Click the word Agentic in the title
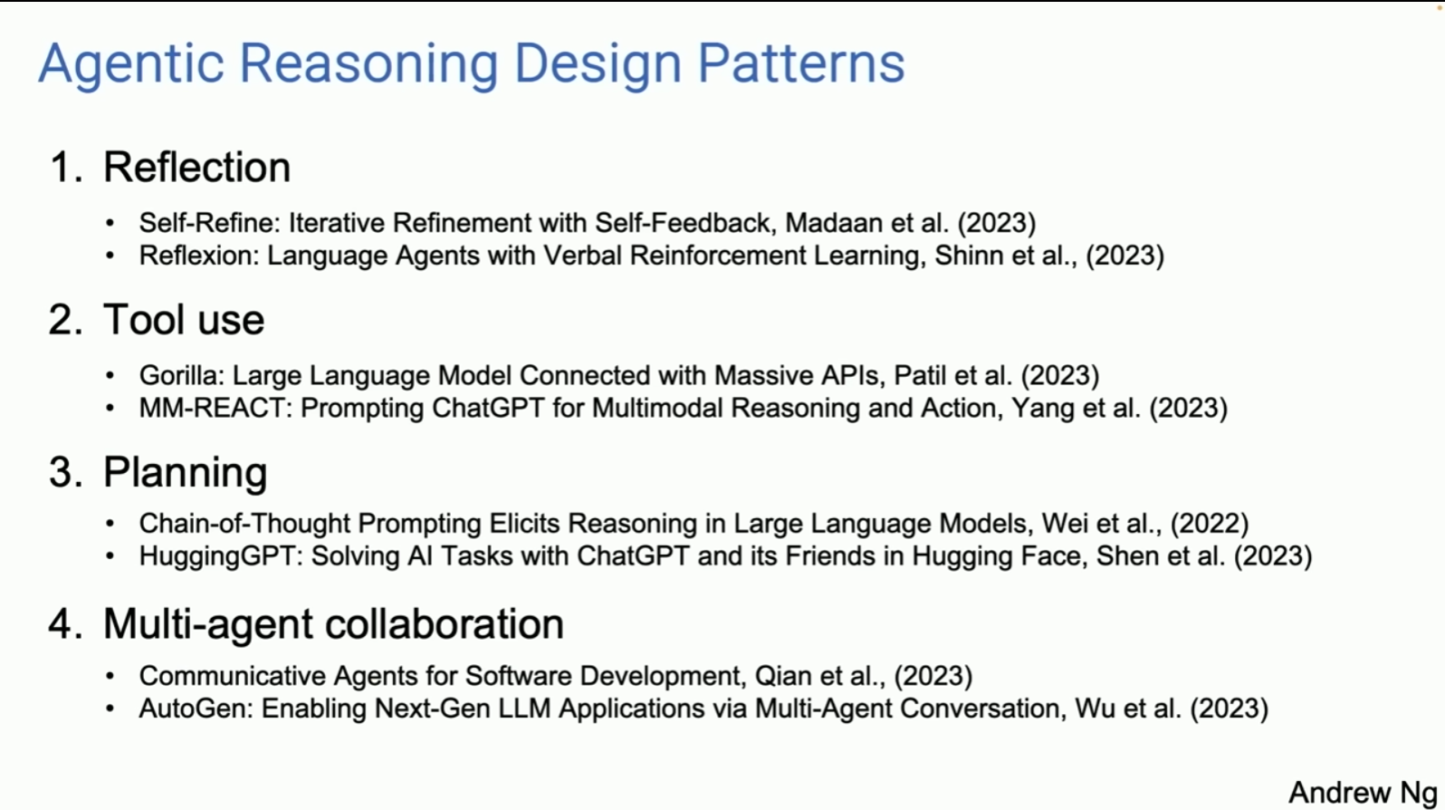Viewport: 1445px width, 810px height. click(x=131, y=64)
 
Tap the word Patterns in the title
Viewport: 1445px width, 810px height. click(x=801, y=63)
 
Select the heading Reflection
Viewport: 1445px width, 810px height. click(x=196, y=167)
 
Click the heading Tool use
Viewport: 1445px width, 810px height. click(x=184, y=320)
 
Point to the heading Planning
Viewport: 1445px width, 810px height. click(x=185, y=473)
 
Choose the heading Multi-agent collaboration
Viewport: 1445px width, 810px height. click(x=333, y=624)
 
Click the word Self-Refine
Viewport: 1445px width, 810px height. click(x=209, y=223)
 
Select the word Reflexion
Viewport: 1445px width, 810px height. click(x=198, y=256)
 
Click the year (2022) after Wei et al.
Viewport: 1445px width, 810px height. click(x=1210, y=524)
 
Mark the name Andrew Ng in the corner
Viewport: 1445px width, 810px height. click(x=1364, y=793)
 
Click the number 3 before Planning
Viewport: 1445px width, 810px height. click(x=62, y=472)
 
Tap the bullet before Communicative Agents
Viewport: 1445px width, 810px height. click(x=110, y=676)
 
